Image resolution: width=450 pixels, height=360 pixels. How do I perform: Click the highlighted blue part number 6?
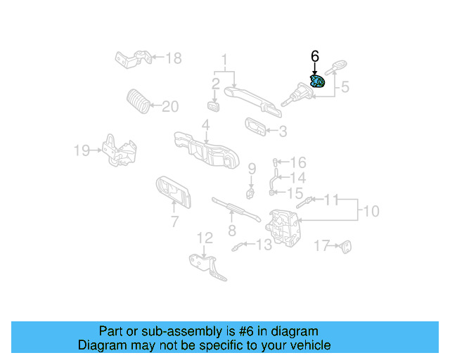point(317,82)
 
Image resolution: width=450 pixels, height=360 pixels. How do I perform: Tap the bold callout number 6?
point(315,56)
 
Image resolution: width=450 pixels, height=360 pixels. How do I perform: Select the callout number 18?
point(172,58)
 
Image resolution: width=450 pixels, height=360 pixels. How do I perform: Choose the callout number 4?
point(205,125)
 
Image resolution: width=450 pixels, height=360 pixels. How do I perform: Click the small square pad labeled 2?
point(214,106)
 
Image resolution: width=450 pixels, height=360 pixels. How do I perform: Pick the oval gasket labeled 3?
point(255,127)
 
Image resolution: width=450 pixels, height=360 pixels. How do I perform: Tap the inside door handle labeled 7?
point(172,191)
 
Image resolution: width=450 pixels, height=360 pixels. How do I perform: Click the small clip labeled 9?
point(250,191)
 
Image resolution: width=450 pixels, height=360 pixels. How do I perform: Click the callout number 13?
point(263,245)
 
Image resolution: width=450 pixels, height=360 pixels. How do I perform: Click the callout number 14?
point(297,178)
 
